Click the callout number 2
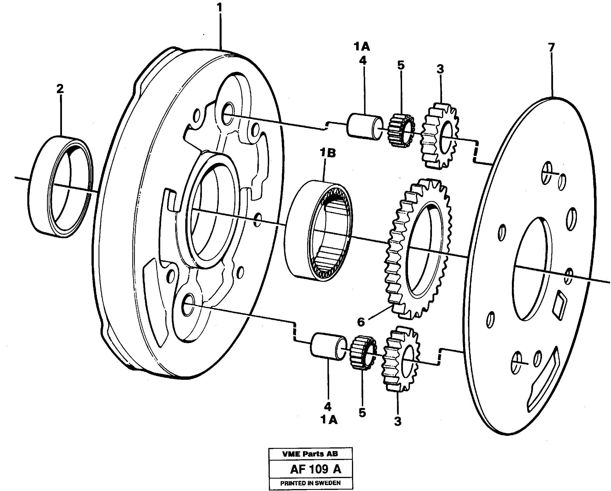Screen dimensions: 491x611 (x=60, y=89)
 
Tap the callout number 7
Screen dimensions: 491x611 (x=551, y=47)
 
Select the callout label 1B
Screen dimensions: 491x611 (x=328, y=153)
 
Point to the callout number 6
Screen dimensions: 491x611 (x=361, y=322)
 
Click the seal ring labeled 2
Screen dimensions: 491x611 (x=61, y=186)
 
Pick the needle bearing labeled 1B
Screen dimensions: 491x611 (x=319, y=231)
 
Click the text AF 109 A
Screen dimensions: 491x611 (x=315, y=470)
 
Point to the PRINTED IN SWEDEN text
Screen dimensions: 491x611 (x=310, y=483)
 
